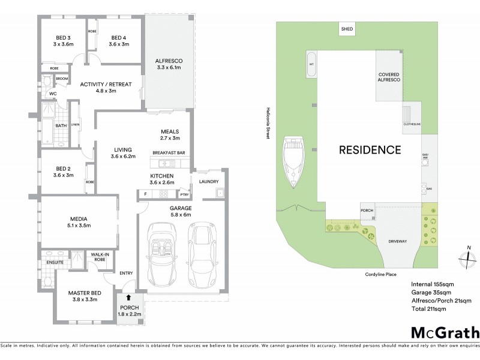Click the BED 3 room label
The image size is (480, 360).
pyautogui.click(x=62, y=40)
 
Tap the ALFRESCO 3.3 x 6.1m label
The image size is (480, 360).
pyautogui.click(x=169, y=65)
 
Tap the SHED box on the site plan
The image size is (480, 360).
pyautogui.click(x=347, y=29)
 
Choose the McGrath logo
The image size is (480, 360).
pyautogui.click(x=445, y=332)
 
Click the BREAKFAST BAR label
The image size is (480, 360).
pyautogui.click(x=170, y=152)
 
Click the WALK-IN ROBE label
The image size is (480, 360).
pyautogui.click(x=100, y=257)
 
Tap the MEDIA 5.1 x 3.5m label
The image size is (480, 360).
pyautogui.click(x=79, y=223)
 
